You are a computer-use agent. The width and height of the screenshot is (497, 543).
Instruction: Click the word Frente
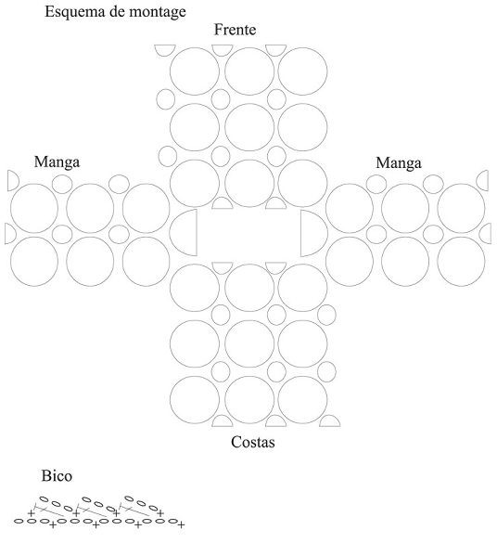tap(235, 30)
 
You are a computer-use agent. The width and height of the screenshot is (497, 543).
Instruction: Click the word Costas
tap(253, 442)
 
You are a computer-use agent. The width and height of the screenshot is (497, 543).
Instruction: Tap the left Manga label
tap(57, 162)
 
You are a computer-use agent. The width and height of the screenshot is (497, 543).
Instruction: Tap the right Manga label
tap(399, 163)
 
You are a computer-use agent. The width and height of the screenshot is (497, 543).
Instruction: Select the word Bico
tap(57, 476)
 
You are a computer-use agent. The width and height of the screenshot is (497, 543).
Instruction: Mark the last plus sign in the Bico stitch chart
tap(181, 525)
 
